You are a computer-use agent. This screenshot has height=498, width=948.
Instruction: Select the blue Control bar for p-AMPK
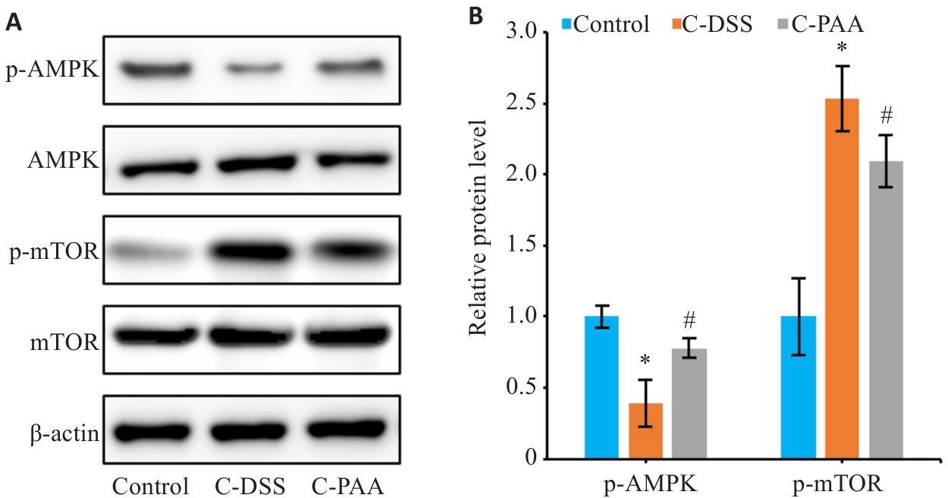[x=601, y=387]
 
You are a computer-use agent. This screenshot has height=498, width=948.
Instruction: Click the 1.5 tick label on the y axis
[x=524, y=245]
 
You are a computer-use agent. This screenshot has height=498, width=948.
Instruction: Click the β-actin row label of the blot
[x=65, y=434]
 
